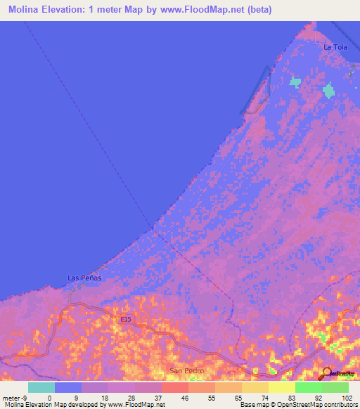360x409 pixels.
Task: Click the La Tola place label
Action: point(335,47)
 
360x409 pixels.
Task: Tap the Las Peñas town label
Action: point(84,278)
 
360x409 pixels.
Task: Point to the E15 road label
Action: point(125,320)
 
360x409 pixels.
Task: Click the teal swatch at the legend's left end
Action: point(41,387)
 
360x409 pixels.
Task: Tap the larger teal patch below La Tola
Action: point(328,91)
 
